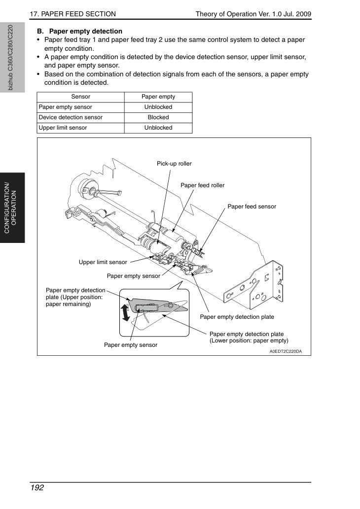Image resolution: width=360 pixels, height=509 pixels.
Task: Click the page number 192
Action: click(x=37, y=488)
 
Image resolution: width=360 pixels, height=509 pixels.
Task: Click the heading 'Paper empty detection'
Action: click(x=86, y=31)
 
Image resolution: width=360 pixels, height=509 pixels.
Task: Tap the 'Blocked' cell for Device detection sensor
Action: click(x=158, y=117)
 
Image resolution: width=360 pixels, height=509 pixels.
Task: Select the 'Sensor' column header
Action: click(x=80, y=97)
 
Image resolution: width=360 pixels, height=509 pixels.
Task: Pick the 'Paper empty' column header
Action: click(x=158, y=97)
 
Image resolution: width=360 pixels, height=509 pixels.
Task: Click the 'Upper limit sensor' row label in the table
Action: click(x=63, y=128)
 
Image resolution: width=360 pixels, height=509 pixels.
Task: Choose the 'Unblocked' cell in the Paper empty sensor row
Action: click(x=158, y=107)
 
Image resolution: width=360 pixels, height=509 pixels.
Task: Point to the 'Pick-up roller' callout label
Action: click(x=174, y=164)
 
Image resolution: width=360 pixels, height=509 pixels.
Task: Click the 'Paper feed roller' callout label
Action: click(x=202, y=185)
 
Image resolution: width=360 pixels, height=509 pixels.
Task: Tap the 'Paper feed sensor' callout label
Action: click(x=252, y=206)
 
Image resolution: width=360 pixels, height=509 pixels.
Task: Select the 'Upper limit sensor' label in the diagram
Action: click(x=103, y=262)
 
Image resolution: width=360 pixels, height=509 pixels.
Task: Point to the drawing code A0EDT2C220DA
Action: click(x=286, y=351)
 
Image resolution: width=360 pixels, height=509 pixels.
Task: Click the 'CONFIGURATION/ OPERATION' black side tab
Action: click(x=12, y=208)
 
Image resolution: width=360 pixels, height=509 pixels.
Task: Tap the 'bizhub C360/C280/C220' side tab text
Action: click(x=10, y=58)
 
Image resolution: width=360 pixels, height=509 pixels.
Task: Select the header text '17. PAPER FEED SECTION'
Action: click(x=73, y=14)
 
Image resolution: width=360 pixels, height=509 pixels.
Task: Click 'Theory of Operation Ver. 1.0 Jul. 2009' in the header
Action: click(x=253, y=14)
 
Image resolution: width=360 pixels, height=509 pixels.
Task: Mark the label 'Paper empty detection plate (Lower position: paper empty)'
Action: click(x=249, y=337)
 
